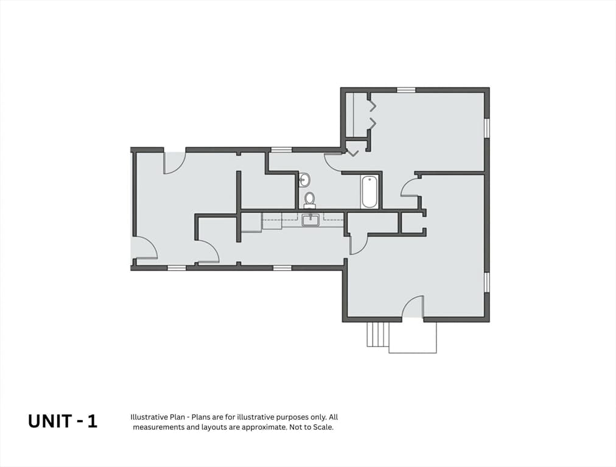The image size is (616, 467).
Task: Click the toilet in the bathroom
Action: pos(310,201)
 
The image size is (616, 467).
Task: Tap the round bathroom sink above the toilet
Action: pos(304,180)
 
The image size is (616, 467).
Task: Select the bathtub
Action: pos(369,192)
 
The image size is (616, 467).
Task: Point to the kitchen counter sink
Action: pos(310,220)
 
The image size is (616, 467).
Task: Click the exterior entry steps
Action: pos(378,334)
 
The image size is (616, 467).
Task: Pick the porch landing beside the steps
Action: pos(413,337)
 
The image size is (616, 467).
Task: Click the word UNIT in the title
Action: pos(50,421)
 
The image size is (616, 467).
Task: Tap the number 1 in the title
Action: pos(93,421)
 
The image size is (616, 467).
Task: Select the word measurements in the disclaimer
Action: pos(158,427)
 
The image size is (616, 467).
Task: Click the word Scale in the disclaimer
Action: pos(323,427)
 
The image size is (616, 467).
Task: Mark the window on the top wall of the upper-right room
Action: pos(406,90)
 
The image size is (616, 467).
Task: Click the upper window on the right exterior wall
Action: pos(487,128)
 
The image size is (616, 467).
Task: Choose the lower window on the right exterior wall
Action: pos(487,282)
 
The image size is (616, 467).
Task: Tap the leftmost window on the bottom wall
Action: pos(177,268)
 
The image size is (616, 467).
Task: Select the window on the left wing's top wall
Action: pos(282,150)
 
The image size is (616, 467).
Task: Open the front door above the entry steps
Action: pos(413,307)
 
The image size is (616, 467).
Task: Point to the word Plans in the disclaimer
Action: pos(201,417)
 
